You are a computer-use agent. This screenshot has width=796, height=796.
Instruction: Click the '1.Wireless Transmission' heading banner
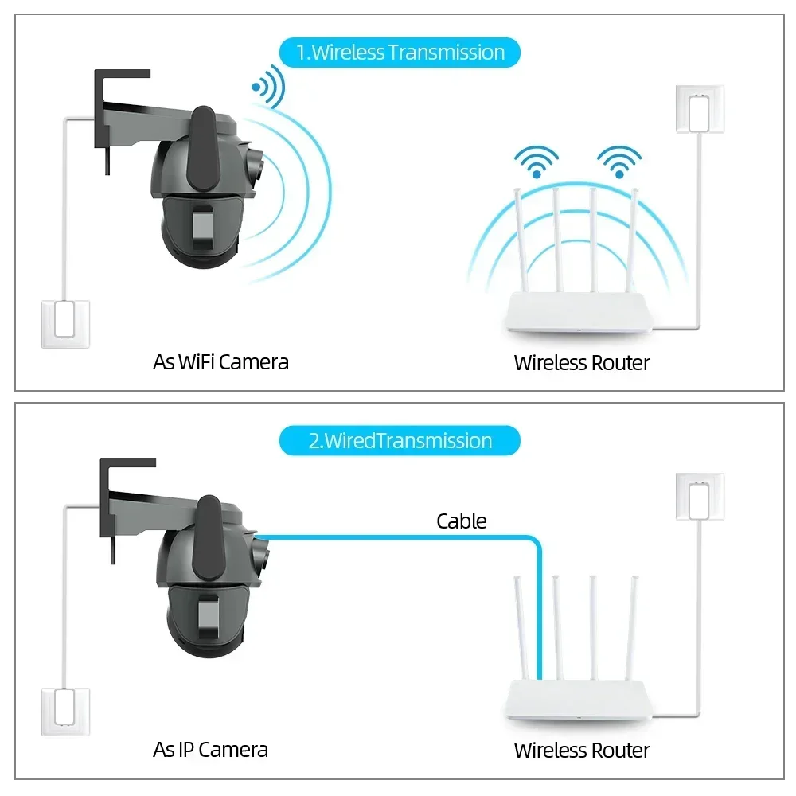tap(400, 53)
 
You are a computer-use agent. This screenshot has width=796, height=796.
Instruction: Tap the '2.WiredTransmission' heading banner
tap(400, 440)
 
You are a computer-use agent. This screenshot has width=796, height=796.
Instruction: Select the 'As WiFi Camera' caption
tap(220, 362)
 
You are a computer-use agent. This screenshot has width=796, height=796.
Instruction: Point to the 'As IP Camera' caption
tap(210, 749)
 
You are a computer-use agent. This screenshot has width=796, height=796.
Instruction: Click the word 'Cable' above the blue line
tap(461, 521)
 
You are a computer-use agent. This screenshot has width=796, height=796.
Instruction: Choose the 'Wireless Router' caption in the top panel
tap(582, 363)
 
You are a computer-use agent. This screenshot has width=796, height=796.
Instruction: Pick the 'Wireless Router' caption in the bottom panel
tap(582, 750)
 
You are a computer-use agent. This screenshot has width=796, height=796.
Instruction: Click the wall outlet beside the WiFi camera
tap(66, 323)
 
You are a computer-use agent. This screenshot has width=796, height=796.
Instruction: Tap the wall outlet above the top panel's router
tap(700, 109)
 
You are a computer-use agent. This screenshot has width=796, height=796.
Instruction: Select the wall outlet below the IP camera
tap(66, 711)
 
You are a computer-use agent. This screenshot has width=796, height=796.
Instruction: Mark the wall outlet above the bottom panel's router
tap(700, 497)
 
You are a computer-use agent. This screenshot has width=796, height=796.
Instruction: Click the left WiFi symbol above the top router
tap(536, 162)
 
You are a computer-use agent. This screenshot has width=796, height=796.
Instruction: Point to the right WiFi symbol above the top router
tap(619, 162)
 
